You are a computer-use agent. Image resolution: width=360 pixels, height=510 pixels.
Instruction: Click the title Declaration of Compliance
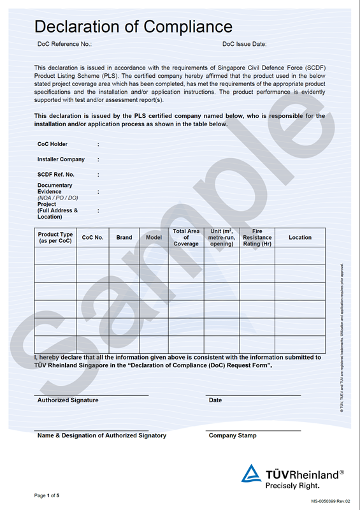tap(133, 27)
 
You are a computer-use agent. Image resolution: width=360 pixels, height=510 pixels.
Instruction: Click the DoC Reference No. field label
tap(65, 44)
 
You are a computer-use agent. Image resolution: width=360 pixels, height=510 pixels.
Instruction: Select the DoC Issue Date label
tap(244, 44)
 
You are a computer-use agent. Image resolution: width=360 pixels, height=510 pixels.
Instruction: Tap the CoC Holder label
tap(52, 144)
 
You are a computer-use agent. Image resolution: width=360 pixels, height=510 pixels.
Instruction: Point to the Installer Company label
tap(61, 159)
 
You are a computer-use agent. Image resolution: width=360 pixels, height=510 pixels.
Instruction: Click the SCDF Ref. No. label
tap(55, 175)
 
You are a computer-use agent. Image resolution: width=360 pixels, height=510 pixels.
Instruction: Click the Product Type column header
tap(55, 237)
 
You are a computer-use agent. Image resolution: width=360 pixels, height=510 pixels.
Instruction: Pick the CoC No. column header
tap(92, 237)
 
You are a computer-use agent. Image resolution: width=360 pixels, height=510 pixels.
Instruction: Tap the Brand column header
tap(124, 237)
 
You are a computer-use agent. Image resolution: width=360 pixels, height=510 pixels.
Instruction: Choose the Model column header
tap(154, 237)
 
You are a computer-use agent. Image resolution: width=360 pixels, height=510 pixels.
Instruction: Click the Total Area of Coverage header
tap(186, 237)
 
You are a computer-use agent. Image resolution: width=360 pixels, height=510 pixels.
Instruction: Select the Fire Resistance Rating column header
tap(257, 237)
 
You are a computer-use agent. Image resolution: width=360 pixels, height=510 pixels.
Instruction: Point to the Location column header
tap(300, 237)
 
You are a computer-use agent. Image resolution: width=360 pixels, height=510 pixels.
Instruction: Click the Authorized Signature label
tap(68, 400)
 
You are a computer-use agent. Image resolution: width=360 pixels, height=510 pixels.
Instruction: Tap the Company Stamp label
tap(233, 435)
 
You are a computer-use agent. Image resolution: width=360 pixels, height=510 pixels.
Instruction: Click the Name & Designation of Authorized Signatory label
tap(101, 435)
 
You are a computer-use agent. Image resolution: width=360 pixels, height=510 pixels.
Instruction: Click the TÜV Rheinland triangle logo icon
tap(251, 474)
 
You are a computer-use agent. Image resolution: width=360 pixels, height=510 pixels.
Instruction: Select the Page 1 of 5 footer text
tap(47, 495)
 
